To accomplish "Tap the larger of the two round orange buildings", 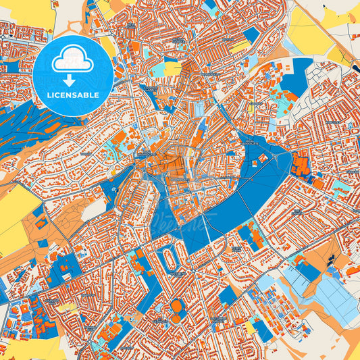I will [176, 306].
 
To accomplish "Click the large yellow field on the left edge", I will [15, 209].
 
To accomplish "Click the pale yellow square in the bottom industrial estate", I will [251, 327].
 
